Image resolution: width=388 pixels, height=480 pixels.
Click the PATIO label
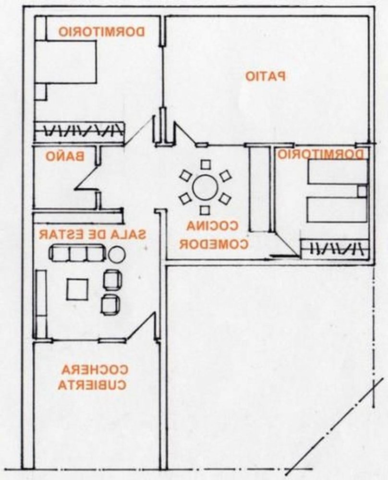pos(266,76)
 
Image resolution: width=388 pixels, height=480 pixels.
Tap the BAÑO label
pos(66,156)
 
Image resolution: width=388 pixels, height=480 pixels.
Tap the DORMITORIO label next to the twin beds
pos(321,154)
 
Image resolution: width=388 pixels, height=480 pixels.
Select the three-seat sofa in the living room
pos(78,253)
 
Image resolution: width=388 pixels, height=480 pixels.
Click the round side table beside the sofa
pos(116,253)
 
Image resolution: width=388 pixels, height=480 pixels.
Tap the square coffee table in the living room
pos(77,289)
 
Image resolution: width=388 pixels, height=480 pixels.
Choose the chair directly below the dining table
pos(205,210)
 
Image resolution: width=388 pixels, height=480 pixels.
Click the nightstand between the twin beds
pos(361,191)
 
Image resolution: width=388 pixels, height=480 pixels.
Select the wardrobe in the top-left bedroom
pos(79,131)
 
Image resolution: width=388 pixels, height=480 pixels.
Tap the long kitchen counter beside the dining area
pos(260,189)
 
